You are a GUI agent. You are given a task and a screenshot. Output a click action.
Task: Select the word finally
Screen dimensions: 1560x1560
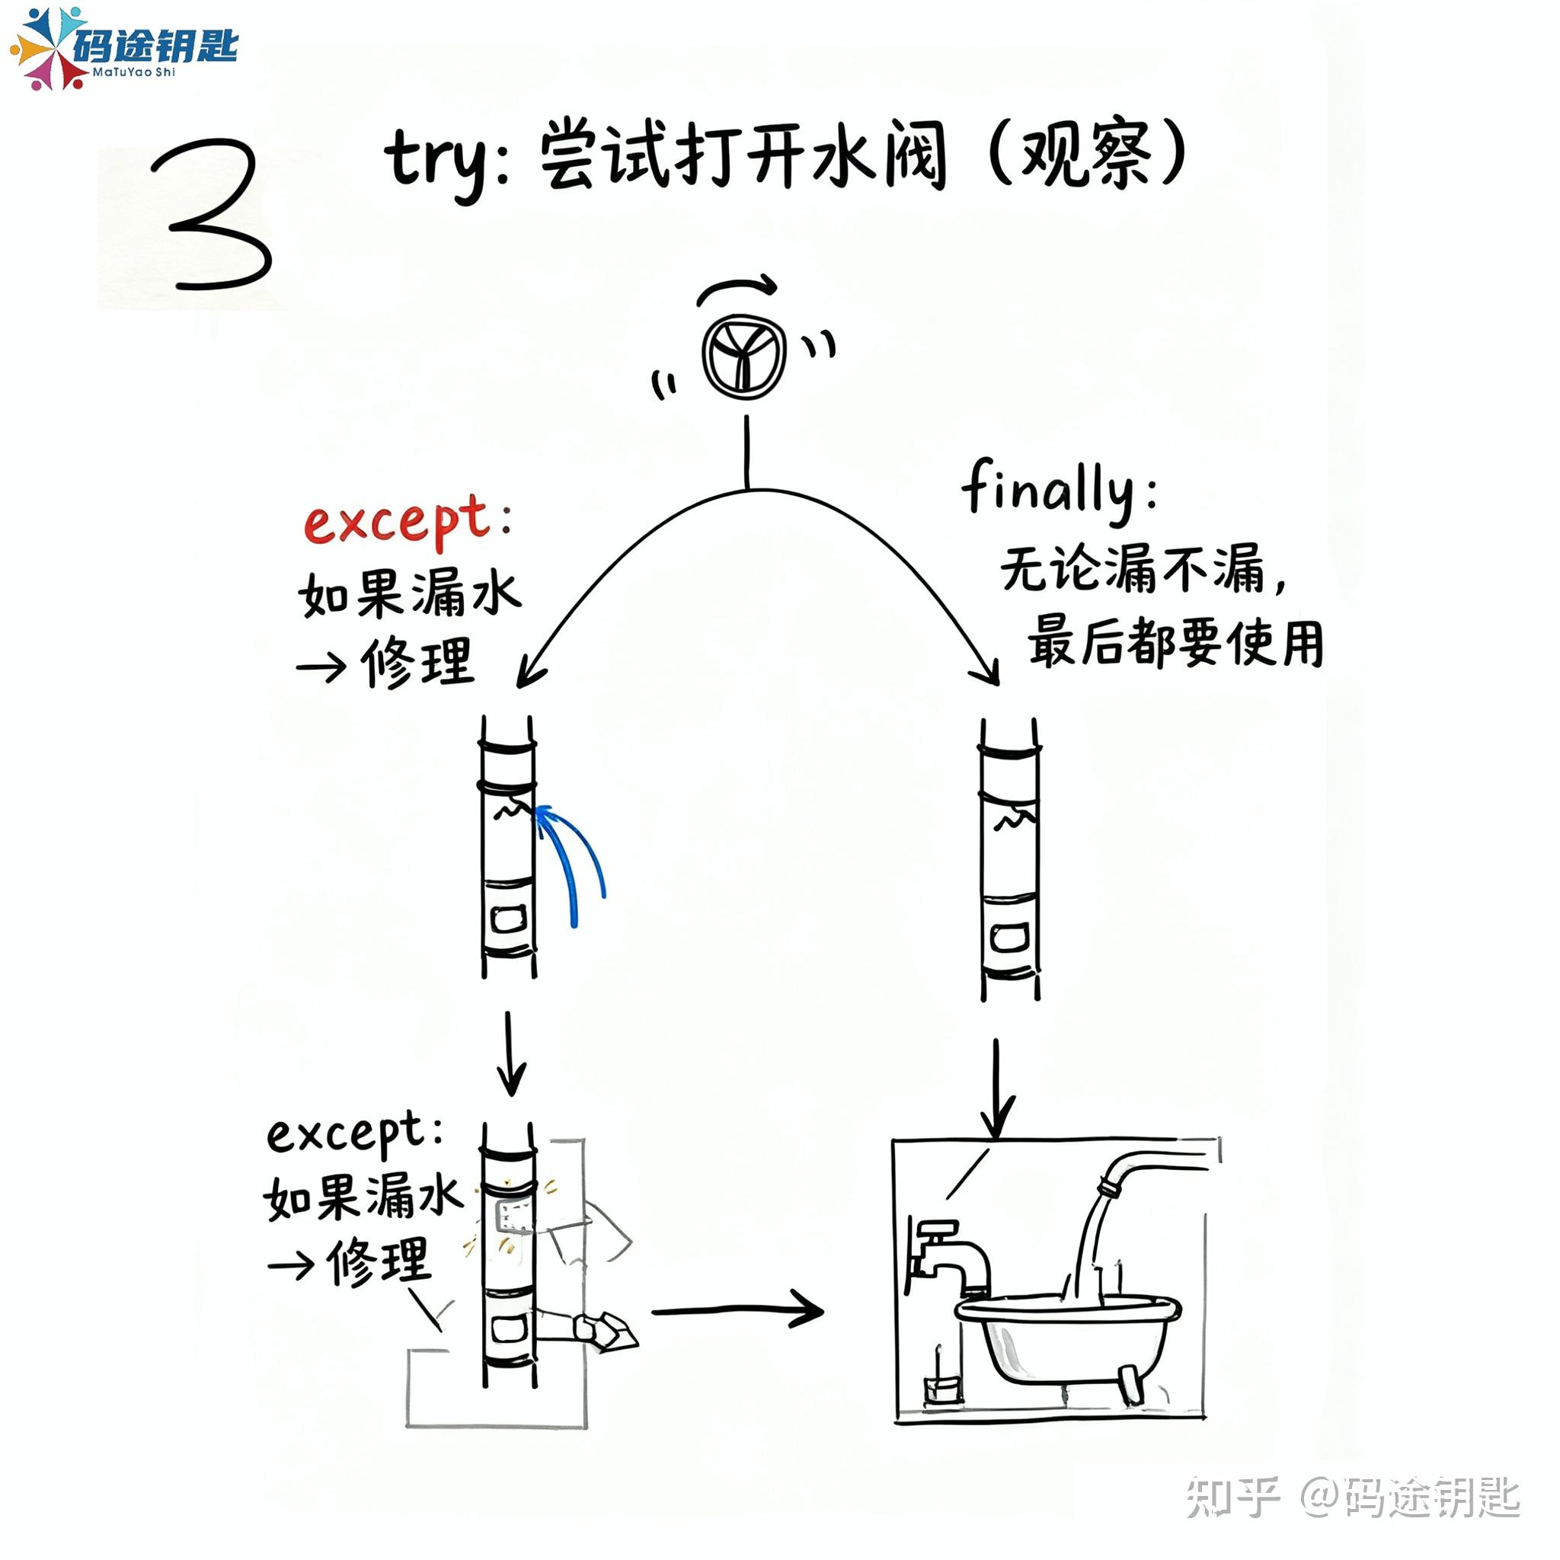1050,489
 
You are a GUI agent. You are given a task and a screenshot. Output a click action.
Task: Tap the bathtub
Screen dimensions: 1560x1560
1066,1332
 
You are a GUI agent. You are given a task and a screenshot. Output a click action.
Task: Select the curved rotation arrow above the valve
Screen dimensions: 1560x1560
737,288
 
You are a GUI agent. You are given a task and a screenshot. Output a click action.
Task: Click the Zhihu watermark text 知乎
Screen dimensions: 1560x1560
1232,1498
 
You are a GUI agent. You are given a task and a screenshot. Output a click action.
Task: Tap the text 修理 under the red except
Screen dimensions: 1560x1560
417,662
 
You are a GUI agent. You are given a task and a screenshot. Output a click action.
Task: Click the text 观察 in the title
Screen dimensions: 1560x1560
1087,155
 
